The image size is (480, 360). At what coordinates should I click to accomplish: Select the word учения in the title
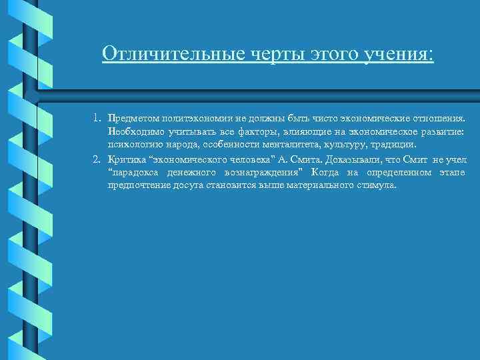point(394,53)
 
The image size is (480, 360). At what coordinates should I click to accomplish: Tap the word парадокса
point(134,172)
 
